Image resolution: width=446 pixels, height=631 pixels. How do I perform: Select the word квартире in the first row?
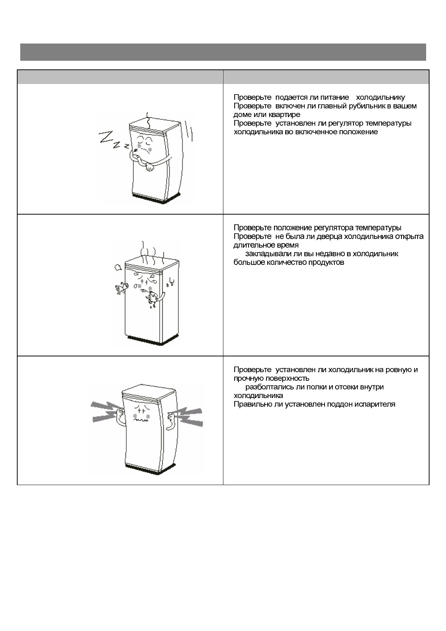284,114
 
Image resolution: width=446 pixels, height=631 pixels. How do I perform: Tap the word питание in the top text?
335,97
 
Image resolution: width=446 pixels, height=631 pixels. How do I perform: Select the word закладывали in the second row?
268,254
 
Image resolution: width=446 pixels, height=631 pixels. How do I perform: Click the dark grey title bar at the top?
223,52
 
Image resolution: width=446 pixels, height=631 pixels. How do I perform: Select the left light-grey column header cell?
120,77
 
